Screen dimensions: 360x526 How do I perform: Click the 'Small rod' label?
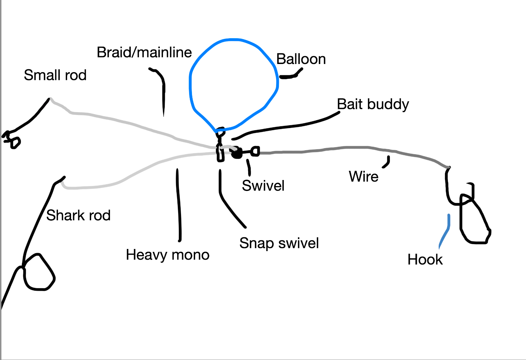pyautogui.click(x=55, y=75)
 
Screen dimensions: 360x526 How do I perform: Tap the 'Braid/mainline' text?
pyautogui.click(x=144, y=52)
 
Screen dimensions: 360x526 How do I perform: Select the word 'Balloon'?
pyautogui.click(x=301, y=59)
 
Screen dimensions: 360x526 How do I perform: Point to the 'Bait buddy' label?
pyautogui.click(x=373, y=104)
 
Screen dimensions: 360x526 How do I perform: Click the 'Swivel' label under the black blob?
pyautogui.click(x=263, y=186)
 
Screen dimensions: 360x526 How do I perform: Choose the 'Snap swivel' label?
pyautogui.click(x=279, y=243)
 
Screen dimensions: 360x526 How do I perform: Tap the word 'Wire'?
pyautogui.click(x=363, y=176)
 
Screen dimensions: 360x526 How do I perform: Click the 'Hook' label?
pyautogui.click(x=425, y=260)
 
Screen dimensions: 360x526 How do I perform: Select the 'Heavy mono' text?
pyautogui.click(x=168, y=255)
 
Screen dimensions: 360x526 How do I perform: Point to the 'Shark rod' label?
pyautogui.click(x=78, y=215)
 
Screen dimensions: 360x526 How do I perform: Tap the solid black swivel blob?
pyautogui.click(x=237, y=153)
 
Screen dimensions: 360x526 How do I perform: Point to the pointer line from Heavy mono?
pyautogui.click(x=179, y=205)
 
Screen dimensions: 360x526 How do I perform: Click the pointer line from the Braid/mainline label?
pyautogui.click(x=163, y=92)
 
